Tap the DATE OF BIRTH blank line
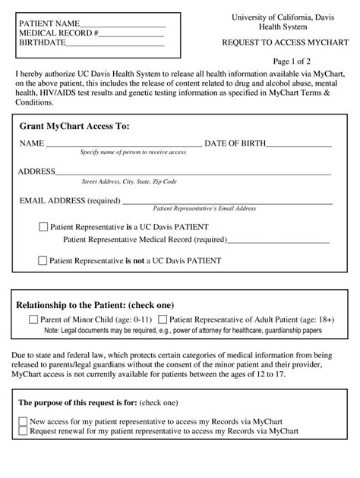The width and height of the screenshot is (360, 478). click(x=301, y=145)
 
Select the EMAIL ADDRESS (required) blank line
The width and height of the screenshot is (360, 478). click(x=226, y=202)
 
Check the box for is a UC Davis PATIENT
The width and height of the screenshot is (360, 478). click(x=43, y=226)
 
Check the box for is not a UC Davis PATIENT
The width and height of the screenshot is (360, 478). click(x=43, y=260)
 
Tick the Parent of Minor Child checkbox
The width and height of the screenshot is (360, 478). click(x=33, y=319)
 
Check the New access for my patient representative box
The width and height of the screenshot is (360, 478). click(x=23, y=420)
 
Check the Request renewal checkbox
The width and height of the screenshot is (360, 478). click(x=23, y=431)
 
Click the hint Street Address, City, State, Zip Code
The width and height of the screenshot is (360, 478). click(x=129, y=182)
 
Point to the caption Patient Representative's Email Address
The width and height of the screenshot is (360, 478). click(x=205, y=208)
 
